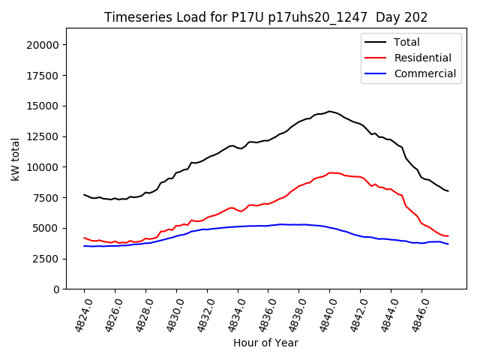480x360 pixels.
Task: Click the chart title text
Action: coord(266,17)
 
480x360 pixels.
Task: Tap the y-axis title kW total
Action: coord(15,158)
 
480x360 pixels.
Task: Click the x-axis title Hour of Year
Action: coord(265,343)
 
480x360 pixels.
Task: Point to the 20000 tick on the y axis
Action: coord(43,45)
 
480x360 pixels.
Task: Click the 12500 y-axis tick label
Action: coord(43,136)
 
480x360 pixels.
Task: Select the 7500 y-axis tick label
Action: coord(46,197)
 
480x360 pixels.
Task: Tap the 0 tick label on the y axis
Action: coord(56,289)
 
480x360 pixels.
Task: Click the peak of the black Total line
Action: coord(329,111)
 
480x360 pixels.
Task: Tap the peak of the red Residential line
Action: coord(331,172)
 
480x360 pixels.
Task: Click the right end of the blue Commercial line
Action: coord(448,244)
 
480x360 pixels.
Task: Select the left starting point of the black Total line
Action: coord(84,194)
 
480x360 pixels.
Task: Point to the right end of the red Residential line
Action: coord(448,236)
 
